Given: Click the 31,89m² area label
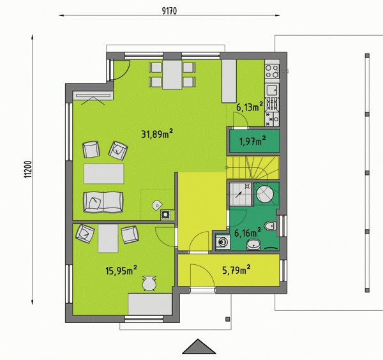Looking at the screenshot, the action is [157, 133].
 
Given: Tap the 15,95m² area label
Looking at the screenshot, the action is [121, 270].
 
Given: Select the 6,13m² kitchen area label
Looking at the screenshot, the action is [250, 107].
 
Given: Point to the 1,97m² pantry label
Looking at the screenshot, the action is [253, 141].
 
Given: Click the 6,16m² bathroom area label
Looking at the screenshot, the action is [248, 232].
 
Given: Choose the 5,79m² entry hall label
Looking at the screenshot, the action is [236, 269].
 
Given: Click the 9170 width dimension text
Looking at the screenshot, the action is [169, 11].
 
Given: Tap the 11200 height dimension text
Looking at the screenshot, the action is [28, 169].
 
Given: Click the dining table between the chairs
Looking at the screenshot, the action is [172, 75].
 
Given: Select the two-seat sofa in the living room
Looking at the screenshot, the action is [103, 202].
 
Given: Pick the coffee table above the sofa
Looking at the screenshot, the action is [104, 174].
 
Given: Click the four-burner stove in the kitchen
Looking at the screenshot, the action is [272, 71].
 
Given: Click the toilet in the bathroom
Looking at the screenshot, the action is [271, 226].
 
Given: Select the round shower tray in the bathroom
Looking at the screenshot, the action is [265, 194].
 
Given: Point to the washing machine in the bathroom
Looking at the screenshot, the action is [223, 243].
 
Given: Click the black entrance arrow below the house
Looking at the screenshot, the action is [199, 347].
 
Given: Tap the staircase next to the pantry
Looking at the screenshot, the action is [253, 167].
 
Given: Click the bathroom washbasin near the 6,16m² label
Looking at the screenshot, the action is [254, 244].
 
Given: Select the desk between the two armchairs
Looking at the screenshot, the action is [108, 239].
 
